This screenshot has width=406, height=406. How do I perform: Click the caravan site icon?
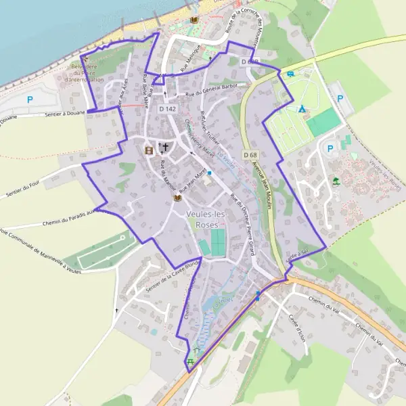290,74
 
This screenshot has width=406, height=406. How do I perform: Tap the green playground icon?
336,181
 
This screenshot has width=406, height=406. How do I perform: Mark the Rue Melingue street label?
193,64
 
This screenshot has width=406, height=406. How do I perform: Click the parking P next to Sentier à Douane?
29,99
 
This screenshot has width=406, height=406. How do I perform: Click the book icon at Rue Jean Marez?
177,198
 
